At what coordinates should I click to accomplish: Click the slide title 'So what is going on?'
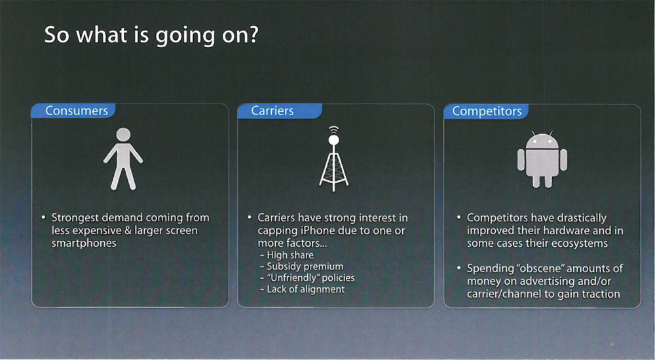point(151,35)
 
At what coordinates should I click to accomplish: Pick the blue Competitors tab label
point(486,111)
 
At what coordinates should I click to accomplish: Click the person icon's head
point(123,134)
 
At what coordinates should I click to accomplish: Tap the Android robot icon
point(542,159)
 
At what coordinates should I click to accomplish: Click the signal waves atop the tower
point(333,130)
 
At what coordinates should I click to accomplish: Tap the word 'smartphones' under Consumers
point(84,243)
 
